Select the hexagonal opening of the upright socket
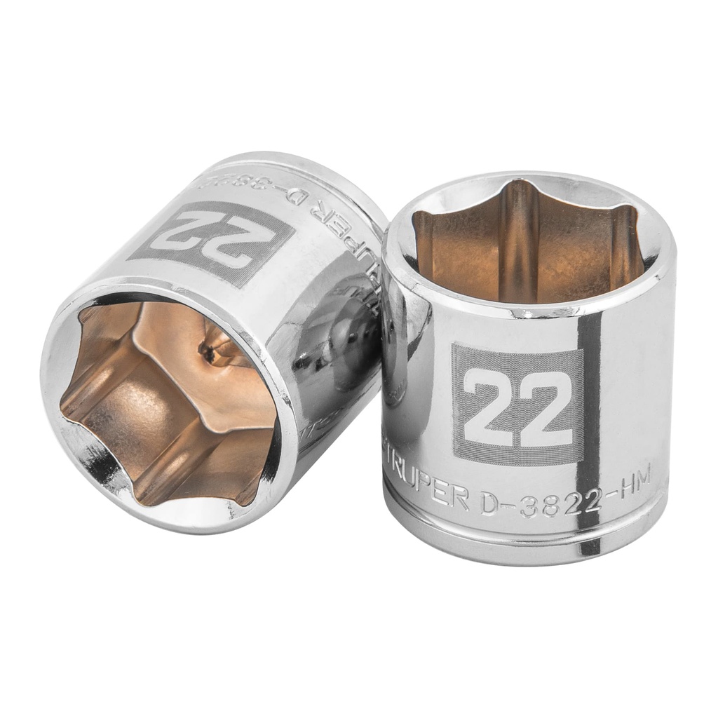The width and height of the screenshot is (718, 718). click(x=526, y=238)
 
